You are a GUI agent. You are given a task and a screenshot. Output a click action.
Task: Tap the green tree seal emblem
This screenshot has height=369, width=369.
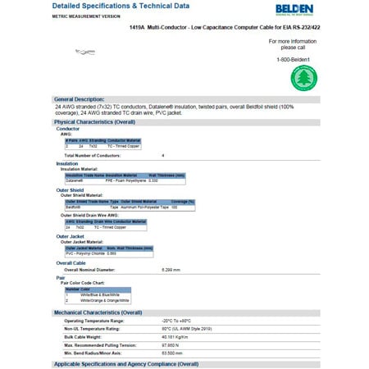pyautogui.click(x=304, y=79)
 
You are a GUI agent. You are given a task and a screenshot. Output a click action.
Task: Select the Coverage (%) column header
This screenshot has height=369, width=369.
pyautogui.click(x=183, y=202)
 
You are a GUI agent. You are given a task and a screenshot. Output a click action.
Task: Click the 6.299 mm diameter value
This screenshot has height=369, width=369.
pyautogui.click(x=171, y=269)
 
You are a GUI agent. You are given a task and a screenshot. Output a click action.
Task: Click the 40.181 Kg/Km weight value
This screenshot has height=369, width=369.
pyautogui.click(x=176, y=335)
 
